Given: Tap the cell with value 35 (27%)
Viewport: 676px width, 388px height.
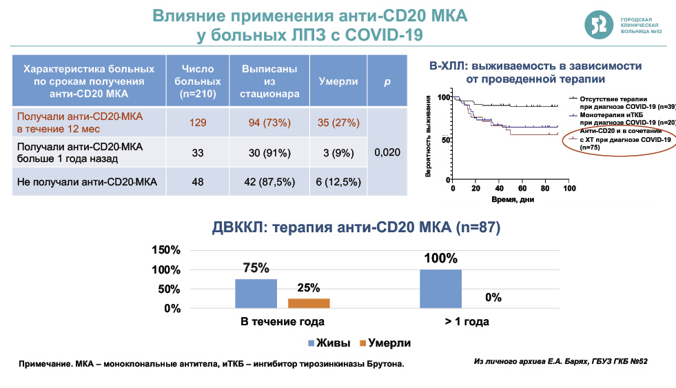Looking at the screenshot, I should [x=338, y=123].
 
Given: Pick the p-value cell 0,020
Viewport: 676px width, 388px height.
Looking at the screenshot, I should [x=387, y=152].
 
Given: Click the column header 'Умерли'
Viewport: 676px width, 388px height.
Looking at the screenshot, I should [x=338, y=81].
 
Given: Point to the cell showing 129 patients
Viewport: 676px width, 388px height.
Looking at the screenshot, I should [x=198, y=123].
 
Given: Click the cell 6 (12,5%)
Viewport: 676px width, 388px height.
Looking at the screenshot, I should [x=338, y=182].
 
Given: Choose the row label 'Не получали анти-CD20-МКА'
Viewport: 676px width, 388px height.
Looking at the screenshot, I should [x=87, y=182].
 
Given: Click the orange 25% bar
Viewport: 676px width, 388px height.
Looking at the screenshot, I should [x=308, y=303].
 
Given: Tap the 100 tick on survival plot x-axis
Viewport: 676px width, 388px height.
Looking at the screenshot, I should [x=569, y=188].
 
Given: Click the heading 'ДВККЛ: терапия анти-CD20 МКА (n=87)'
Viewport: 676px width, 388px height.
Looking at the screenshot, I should [x=356, y=227].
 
